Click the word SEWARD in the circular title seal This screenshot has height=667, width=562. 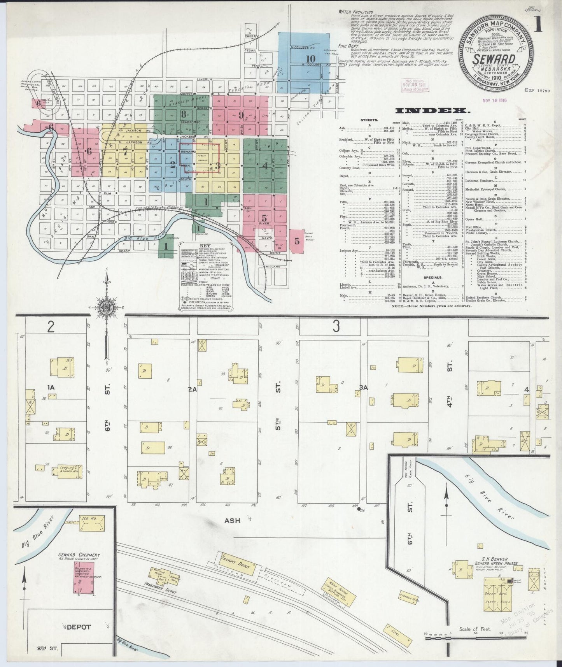[494, 59]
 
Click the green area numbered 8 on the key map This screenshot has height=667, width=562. [183, 114]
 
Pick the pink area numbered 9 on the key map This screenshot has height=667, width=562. [241, 115]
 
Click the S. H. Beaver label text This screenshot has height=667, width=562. [492, 558]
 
